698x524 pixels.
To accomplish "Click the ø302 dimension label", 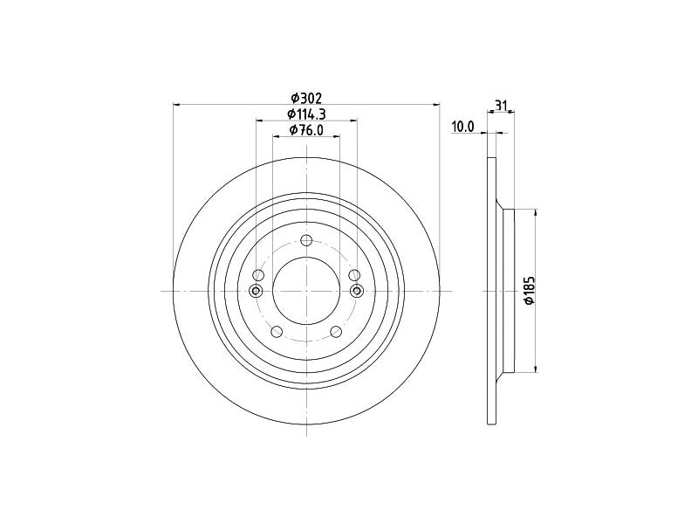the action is [x=306, y=97].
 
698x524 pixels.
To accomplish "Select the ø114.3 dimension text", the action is [x=306, y=114].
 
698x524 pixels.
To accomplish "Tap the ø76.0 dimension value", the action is [x=306, y=129].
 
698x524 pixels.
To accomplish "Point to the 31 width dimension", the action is [x=502, y=106].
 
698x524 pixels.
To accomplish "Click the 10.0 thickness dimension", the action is [x=463, y=127].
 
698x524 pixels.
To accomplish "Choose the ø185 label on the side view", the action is [x=530, y=291].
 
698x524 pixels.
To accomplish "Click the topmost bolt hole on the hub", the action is [x=306, y=241].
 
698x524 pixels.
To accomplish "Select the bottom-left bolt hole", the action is [x=277, y=332].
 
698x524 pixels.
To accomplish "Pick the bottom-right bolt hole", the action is [x=336, y=332].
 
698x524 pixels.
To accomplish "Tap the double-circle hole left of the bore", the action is [x=256, y=291].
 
